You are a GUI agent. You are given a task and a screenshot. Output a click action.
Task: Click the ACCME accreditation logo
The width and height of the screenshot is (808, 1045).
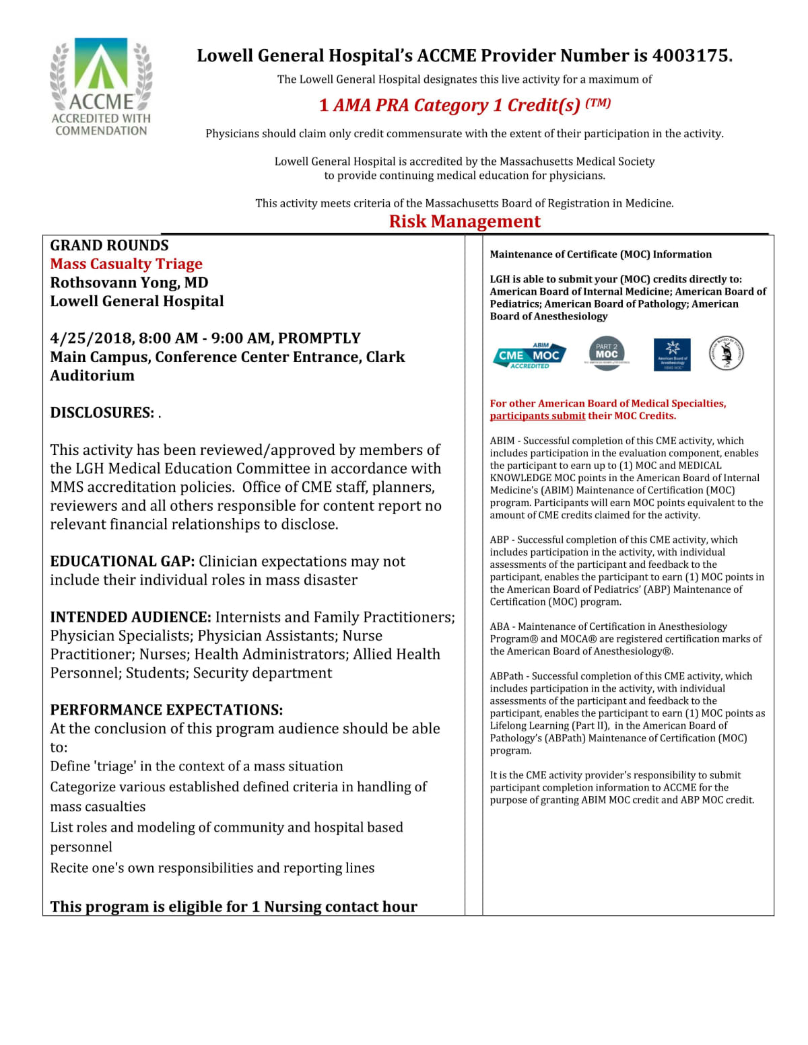[x=101, y=87]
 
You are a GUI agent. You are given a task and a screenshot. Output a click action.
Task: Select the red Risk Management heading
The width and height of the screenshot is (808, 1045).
[x=465, y=221]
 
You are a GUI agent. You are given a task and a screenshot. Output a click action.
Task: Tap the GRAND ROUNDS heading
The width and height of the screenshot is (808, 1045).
[x=109, y=246]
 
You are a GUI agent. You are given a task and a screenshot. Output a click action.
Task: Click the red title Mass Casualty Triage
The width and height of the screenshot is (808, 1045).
[x=126, y=264]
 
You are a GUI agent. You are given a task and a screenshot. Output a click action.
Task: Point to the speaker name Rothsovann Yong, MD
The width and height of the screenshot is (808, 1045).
[x=129, y=283]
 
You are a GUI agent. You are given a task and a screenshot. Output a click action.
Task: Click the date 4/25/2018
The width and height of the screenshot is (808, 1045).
[x=90, y=338]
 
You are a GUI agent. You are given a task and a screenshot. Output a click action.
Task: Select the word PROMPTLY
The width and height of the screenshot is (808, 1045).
[x=319, y=338]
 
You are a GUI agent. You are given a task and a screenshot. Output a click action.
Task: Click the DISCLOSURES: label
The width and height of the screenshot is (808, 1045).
[x=102, y=412]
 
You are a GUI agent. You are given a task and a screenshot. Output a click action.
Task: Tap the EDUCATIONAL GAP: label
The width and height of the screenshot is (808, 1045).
[x=122, y=561]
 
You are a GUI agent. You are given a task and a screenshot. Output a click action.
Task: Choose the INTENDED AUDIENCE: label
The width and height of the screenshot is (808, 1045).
[x=131, y=617]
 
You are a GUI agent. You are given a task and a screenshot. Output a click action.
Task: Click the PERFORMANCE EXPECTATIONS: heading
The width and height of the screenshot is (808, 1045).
[x=166, y=710]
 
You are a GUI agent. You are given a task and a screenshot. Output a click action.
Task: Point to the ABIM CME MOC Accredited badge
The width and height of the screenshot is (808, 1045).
[x=529, y=355]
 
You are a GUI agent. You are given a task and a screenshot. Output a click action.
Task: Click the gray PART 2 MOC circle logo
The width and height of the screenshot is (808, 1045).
[x=606, y=353]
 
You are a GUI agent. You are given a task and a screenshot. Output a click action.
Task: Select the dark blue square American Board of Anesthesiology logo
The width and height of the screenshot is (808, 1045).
[x=672, y=355]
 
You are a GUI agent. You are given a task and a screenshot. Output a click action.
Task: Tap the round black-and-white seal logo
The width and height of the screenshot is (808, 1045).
[x=727, y=353]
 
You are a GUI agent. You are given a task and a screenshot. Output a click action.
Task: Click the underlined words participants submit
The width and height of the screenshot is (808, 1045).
[x=537, y=416]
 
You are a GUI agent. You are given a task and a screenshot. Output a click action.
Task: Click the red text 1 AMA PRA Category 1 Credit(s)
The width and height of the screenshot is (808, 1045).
[x=465, y=106]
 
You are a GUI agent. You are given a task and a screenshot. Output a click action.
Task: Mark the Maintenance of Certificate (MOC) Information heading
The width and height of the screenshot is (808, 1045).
[x=600, y=254]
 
